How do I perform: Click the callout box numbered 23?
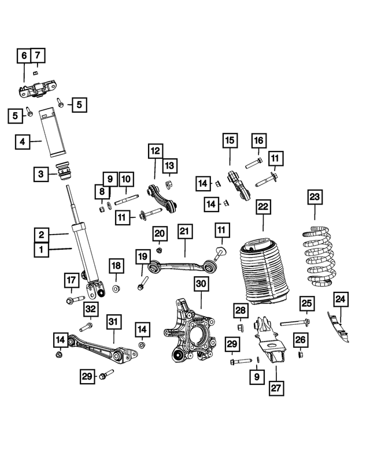[x=314, y=197]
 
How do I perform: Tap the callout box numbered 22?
[x=263, y=206]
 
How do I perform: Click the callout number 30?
[x=201, y=284]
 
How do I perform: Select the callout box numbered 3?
[x=40, y=173]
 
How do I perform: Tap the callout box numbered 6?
[x=24, y=56]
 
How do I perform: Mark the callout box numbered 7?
[x=38, y=56]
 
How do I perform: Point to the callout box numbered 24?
[x=341, y=299]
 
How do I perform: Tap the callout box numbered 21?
[x=184, y=232]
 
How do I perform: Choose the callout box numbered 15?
[x=229, y=140]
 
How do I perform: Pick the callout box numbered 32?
[x=90, y=309]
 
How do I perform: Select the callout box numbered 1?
[x=41, y=250]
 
